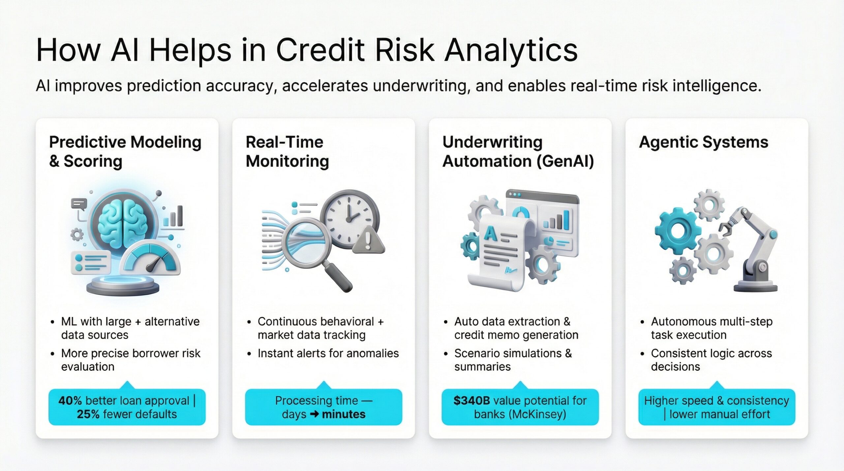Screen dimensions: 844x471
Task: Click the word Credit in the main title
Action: pyautogui.click(x=320, y=50)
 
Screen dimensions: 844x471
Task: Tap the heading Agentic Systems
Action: pyautogui.click(x=704, y=143)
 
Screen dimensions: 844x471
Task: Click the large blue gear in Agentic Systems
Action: pyautogui.click(x=678, y=231)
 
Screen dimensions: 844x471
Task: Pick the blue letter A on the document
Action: pyautogui.click(x=490, y=234)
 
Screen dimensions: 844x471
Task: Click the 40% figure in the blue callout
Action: pyautogui.click(x=70, y=400)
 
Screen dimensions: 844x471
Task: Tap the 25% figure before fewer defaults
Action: pyautogui.click(x=88, y=414)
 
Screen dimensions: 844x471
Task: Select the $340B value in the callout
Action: pyautogui.click(x=471, y=400)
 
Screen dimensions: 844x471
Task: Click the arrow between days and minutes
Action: pyautogui.click(x=315, y=414)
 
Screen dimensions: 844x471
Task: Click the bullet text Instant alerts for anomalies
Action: pyautogui.click(x=328, y=353)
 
